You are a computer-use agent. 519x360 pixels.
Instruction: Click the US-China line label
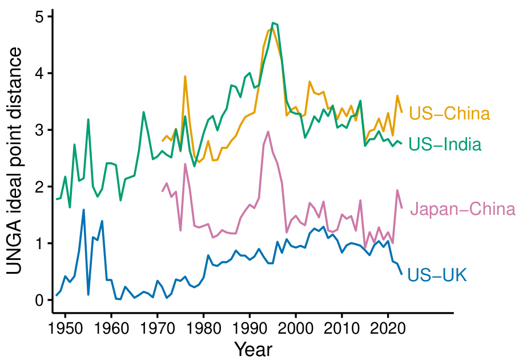click(449, 113)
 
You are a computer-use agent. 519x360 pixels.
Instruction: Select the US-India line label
click(445, 145)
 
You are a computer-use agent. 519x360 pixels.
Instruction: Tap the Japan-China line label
click(462, 210)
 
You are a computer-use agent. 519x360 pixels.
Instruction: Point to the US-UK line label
click(438, 276)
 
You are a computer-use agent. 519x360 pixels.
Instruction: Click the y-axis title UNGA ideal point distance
click(15, 161)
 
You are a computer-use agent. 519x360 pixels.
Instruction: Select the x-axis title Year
click(253, 349)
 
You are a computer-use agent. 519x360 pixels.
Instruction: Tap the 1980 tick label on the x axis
click(204, 327)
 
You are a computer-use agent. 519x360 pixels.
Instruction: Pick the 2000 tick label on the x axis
click(296, 327)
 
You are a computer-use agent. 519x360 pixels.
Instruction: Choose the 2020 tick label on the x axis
click(388, 327)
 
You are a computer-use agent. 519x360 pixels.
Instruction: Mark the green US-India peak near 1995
click(273, 23)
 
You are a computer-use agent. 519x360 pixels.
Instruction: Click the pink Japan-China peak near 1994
click(268, 131)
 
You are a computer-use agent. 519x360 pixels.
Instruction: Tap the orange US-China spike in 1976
click(185, 76)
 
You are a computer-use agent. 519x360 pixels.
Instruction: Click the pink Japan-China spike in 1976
click(185, 164)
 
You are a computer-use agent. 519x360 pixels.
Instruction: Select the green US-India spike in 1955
click(88, 119)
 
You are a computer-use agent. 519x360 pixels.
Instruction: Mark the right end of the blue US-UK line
click(402, 274)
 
